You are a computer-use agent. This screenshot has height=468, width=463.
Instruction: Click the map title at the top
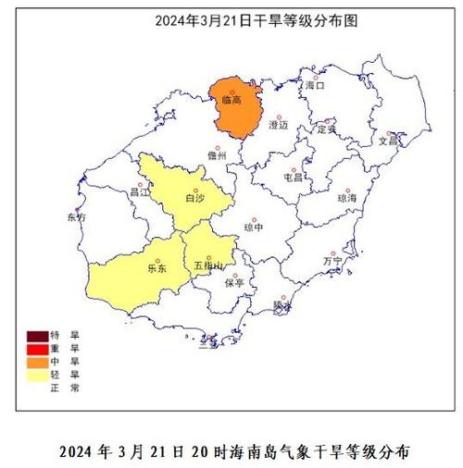click(231, 18)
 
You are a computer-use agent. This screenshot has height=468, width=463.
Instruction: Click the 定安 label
click(327, 129)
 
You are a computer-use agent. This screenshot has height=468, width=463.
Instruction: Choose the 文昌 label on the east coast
click(387, 142)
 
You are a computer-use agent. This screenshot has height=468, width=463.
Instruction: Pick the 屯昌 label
click(294, 176)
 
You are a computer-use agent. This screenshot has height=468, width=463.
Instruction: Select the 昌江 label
click(140, 193)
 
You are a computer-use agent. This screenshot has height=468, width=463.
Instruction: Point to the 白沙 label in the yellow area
click(195, 197)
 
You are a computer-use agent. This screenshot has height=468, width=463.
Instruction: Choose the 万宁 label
click(332, 262)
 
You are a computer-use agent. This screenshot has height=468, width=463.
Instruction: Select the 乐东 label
click(156, 269)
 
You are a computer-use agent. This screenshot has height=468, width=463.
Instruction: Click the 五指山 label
click(207, 265)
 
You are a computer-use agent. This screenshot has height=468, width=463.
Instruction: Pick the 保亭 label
click(234, 283)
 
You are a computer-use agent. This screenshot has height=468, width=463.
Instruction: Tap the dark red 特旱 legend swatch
click(38, 336)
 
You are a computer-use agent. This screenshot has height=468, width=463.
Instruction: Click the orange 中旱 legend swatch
click(38, 362)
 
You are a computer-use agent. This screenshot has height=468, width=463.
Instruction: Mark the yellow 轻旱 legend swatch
click(38, 375)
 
